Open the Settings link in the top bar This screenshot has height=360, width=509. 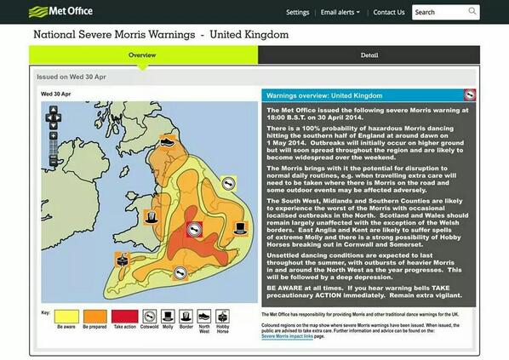point(297,13)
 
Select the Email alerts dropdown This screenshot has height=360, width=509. point(340,13)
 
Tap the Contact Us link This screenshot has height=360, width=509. point(388,13)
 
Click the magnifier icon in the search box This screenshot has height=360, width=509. point(472,12)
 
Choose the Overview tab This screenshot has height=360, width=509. point(142,54)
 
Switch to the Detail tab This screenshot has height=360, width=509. point(369,54)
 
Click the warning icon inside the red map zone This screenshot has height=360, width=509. point(195,230)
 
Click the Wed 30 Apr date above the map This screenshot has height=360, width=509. point(55,94)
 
